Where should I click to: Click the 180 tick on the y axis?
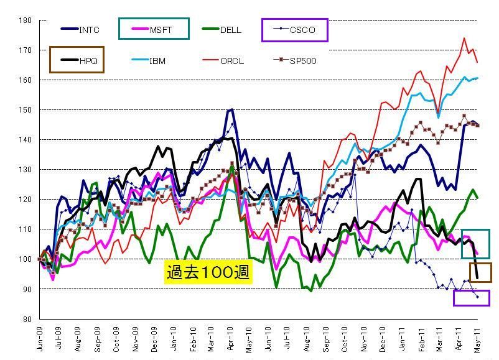(26, 21)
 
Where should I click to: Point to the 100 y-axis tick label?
(26, 259)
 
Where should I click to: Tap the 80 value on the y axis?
(27, 319)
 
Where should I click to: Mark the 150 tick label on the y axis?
(26, 110)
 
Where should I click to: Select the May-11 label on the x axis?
(477, 339)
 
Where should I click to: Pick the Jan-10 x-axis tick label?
(174, 339)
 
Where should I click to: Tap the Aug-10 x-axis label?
(307, 339)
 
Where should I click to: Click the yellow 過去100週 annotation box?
(208, 272)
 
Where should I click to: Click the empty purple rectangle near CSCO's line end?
(471, 298)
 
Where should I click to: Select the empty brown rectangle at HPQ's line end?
(480, 272)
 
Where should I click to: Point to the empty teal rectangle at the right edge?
(475, 244)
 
